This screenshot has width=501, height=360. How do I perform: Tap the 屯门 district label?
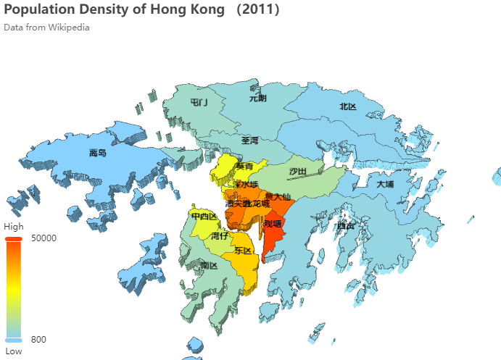pos(199,103)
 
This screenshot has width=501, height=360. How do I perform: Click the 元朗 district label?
pos(258,98)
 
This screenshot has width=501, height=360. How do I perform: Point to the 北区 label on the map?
pos(348,107)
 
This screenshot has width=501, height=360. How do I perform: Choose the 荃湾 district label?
pos(250,141)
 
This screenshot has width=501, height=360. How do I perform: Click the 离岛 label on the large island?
pos(98,153)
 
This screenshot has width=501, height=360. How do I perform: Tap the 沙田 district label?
pos(298,172)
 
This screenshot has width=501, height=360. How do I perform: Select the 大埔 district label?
pos(386,184)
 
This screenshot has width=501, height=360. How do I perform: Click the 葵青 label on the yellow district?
pos(244,167)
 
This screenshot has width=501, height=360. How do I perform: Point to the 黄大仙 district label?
pos(278,196)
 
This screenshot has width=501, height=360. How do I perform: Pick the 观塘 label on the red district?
pos(273,224)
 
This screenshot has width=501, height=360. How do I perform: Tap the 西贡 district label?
pos(346,226)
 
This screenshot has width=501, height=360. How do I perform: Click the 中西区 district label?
pos(204,217)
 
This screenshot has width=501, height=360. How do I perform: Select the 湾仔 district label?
pos(220,235)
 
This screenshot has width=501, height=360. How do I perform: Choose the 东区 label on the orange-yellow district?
pos(243,251)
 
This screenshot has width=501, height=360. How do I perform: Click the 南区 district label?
pos(210,266)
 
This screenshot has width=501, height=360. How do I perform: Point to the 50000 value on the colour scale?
pos(45,237)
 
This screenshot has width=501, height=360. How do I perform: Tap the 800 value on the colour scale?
pos(39,340)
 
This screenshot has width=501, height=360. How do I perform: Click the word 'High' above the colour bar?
pos(14,226)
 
